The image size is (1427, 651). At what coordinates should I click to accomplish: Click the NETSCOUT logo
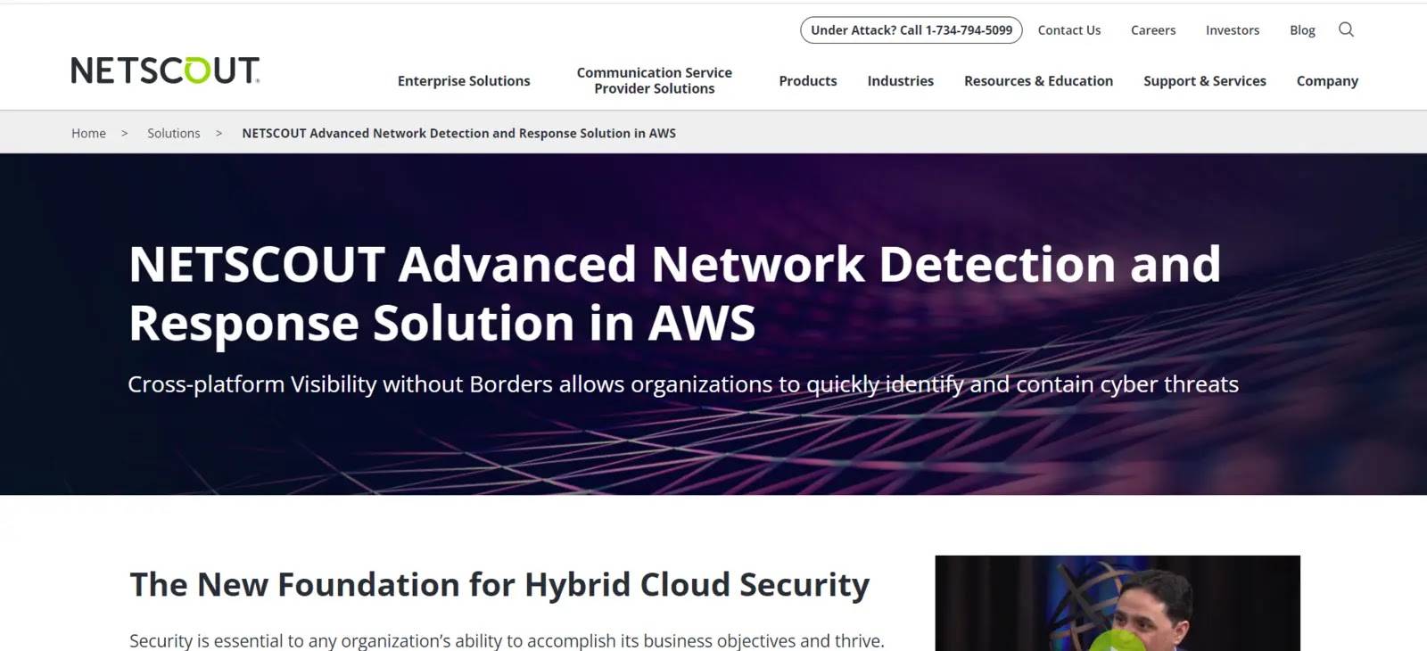click(165, 70)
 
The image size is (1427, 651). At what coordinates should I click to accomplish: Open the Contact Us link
click(1069, 30)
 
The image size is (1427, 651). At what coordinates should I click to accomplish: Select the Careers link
click(1153, 30)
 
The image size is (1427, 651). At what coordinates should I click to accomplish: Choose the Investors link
click(1232, 30)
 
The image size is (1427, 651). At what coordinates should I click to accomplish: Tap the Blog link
click(1302, 30)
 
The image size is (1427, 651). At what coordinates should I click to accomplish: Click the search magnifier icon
click(1346, 29)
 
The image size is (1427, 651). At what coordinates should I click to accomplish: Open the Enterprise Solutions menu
click(464, 81)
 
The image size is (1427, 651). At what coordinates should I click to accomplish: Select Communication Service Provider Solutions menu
click(655, 80)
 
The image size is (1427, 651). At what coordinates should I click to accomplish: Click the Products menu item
click(808, 81)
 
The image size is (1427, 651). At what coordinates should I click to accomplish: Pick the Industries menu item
click(900, 81)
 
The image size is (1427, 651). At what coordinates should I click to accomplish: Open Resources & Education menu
click(1038, 81)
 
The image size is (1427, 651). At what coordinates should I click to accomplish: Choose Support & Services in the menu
click(1205, 81)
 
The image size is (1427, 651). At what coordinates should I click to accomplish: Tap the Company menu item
click(1328, 81)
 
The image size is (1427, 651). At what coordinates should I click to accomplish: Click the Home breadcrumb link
click(88, 133)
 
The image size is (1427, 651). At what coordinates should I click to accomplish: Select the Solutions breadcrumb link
click(173, 133)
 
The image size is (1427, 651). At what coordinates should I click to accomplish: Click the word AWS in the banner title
click(701, 323)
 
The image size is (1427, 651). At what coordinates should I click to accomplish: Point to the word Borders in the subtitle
click(510, 384)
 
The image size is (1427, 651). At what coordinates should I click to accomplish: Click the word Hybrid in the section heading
click(578, 585)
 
